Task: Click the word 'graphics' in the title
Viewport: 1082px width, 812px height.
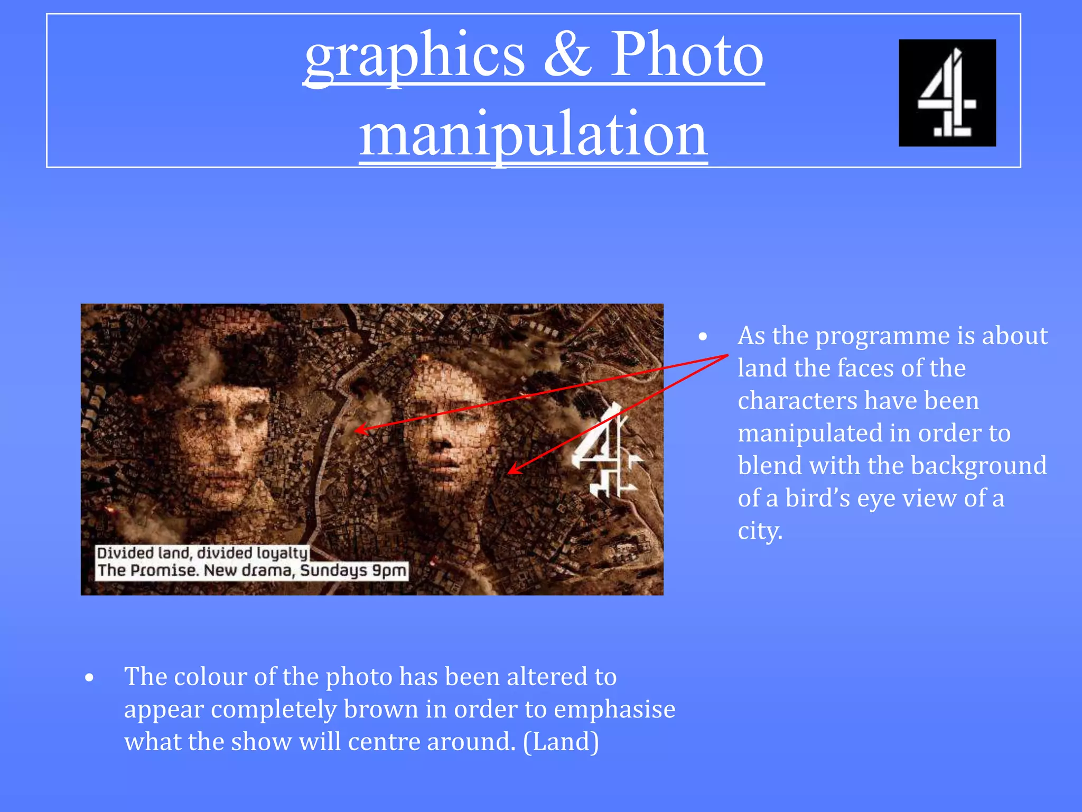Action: (415, 56)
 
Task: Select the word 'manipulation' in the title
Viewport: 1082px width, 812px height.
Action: (534, 135)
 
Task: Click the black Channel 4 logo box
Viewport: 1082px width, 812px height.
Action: (947, 93)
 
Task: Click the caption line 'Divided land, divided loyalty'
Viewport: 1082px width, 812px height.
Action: (202, 553)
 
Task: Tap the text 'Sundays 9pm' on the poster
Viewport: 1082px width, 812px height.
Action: (353, 571)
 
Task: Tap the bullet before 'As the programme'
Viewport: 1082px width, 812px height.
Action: (703, 337)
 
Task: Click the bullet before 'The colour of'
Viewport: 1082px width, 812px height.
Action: (89, 678)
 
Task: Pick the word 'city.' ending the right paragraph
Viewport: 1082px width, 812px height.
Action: (760, 531)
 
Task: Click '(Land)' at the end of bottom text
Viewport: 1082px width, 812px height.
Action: (561, 742)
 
